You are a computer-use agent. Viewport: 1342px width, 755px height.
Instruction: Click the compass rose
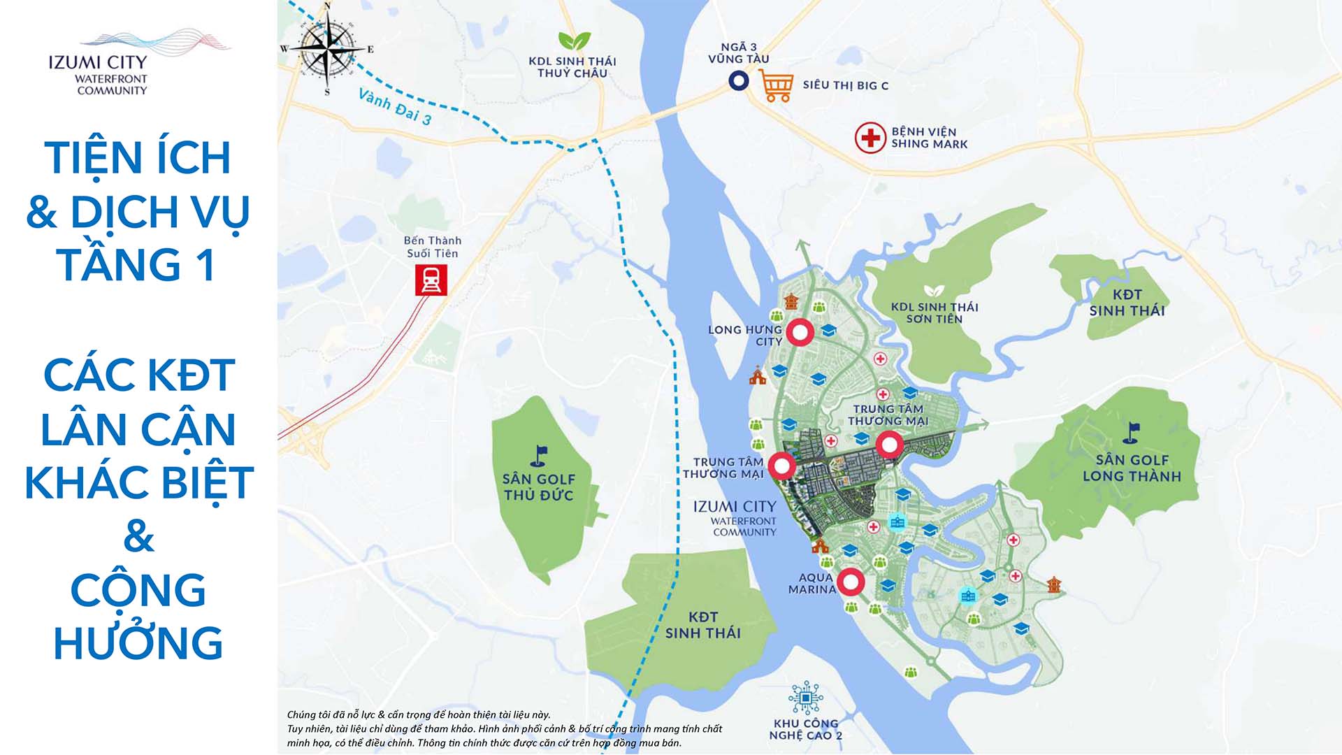pyautogui.click(x=326, y=49)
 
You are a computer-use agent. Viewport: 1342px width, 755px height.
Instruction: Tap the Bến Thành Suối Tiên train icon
pyautogui.click(x=431, y=281)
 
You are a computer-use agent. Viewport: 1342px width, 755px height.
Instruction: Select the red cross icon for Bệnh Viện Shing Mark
pyautogui.click(x=870, y=137)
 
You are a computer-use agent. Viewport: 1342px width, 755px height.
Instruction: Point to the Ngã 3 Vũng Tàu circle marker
pyautogui.click(x=738, y=81)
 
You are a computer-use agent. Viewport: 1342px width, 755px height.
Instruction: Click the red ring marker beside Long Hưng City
pyautogui.click(x=800, y=333)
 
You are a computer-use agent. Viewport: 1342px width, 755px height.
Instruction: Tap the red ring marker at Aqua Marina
pyautogui.click(x=851, y=582)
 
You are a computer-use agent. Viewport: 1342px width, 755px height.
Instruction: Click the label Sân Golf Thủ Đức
pyautogui.click(x=538, y=487)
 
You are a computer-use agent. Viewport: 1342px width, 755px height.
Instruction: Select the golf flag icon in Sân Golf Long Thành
pyautogui.click(x=1132, y=433)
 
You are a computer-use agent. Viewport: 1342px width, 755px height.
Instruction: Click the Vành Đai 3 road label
pyautogui.click(x=395, y=107)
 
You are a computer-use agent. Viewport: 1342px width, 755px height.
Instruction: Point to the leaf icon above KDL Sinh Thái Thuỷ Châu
pyautogui.click(x=574, y=41)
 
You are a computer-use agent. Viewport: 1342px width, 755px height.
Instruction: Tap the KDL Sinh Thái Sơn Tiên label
pyautogui.click(x=934, y=312)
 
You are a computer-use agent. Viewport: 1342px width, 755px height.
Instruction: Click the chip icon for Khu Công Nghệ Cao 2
pyautogui.click(x=805, y=697)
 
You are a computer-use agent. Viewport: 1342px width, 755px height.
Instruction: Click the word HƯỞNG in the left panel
pyautogui.click(x=138, y=643)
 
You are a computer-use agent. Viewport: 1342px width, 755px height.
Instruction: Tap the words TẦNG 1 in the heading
pyautogui.click(x=136, y=264)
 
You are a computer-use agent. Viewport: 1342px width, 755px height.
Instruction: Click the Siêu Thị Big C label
pyautogui.click(x=845, y=85)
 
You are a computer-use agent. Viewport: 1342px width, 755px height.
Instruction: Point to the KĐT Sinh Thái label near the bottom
pyautogui.click(x=702, y=625)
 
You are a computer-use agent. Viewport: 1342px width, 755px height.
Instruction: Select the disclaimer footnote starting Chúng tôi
pyautogui.click(x=503, y=728)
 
